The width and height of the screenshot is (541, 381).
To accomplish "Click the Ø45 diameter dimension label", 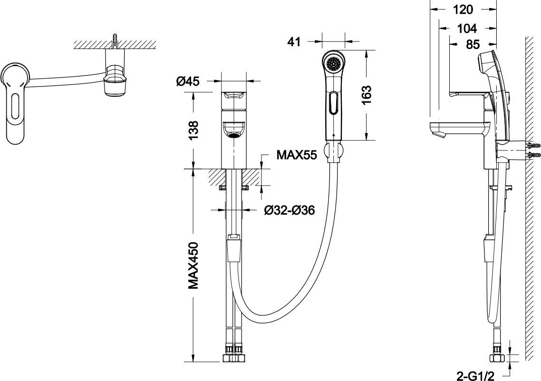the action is click(188, 81).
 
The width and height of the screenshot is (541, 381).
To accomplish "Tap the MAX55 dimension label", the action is click(297, 155).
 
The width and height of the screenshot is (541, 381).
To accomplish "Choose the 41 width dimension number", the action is click(294, 42).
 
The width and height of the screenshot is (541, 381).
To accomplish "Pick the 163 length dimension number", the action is click(366, 95).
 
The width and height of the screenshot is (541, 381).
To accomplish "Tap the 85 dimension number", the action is click(472, 44).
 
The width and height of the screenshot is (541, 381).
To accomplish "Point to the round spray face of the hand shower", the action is click(333, 63).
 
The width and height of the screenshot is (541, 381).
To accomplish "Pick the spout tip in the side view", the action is click(436, 134).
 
